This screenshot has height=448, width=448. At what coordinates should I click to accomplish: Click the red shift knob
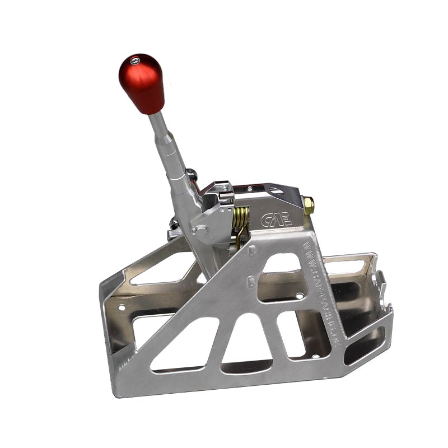(x=142, y=83)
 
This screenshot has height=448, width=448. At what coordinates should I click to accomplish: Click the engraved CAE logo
(x=277, y=218)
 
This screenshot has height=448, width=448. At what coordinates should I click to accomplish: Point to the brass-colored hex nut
(x=308, y=206)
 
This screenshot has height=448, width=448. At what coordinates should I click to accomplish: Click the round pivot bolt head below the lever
(x=200, y=230)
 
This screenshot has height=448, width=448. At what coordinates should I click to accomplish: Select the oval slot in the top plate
(x=277, y=191)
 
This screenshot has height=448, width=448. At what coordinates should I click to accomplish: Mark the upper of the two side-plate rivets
(x=253, y=252)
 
